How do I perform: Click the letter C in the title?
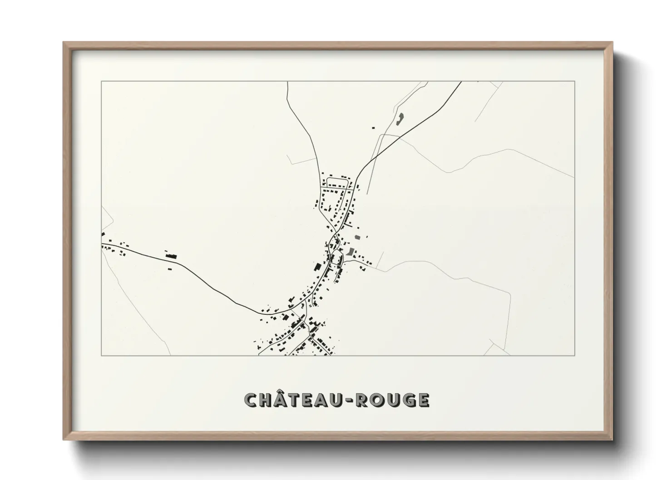252,400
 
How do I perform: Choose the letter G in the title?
407,400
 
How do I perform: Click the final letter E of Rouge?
422,400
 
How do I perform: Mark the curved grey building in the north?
400,119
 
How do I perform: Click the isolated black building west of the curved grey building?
374,128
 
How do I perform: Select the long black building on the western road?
171,256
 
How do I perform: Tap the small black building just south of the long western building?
170,269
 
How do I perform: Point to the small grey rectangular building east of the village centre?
357,237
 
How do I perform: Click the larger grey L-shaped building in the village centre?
350,252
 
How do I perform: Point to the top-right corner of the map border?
575,81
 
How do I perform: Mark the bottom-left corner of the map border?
101,356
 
